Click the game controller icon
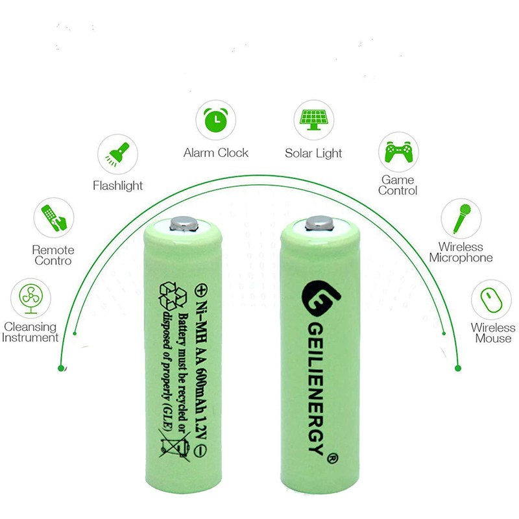(398, 152)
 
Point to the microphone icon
(461, 219)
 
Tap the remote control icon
(53, 218)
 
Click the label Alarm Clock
(215, 153)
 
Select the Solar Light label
(313, 154)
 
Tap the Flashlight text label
(117, 186)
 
